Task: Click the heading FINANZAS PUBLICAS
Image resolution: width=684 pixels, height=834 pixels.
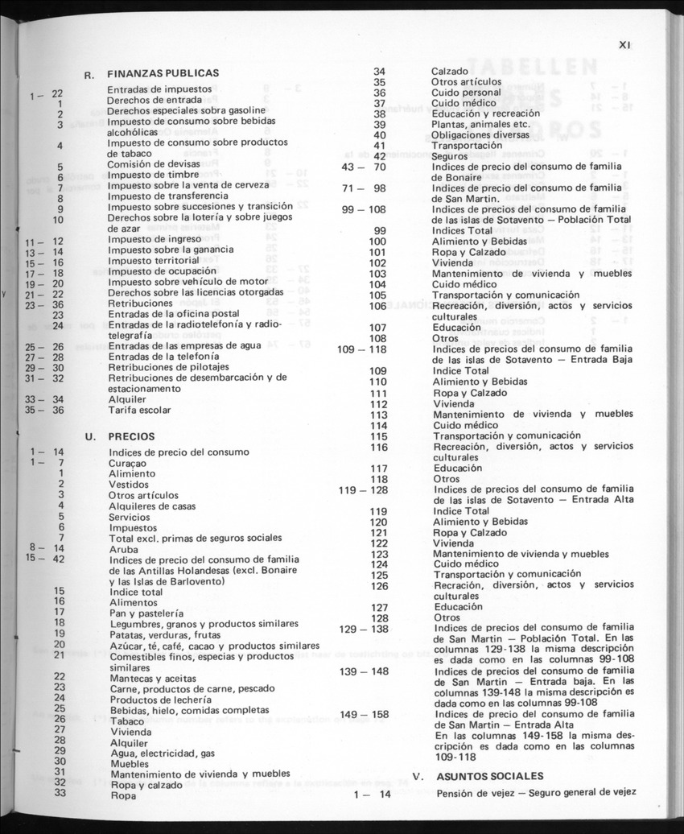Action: click(x=163, y=73)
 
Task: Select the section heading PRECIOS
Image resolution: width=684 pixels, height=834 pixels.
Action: click(x=131, y=436)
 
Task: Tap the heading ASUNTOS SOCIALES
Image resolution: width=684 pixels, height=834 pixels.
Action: click(x=489, y=776)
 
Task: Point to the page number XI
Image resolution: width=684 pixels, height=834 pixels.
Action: click(x=624, y=46)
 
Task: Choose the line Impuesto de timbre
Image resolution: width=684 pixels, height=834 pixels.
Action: click(x=153, y=174)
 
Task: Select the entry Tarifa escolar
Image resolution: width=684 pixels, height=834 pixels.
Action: click(x=141, y=410)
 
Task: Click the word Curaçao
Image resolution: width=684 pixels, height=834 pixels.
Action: click(x=128, y=463)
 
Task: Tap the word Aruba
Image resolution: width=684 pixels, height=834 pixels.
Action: click(x=123, y=549)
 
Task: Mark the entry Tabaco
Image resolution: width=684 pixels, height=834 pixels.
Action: click(x=127, y=721)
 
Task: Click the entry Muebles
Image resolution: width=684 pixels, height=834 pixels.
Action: click(x=129, y=763)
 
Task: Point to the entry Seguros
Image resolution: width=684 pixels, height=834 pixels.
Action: click(x=450, y=156)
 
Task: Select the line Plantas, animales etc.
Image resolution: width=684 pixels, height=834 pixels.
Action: click(x=480, y=124)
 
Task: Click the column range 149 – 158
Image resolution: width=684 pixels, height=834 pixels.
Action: click(x=364, y=714)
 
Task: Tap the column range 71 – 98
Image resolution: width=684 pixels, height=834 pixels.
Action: click(x=364, y=188)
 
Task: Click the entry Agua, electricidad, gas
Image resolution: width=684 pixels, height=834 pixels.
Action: click(x=162, y=752)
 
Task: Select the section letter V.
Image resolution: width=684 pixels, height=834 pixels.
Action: click(x=417, y=777)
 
